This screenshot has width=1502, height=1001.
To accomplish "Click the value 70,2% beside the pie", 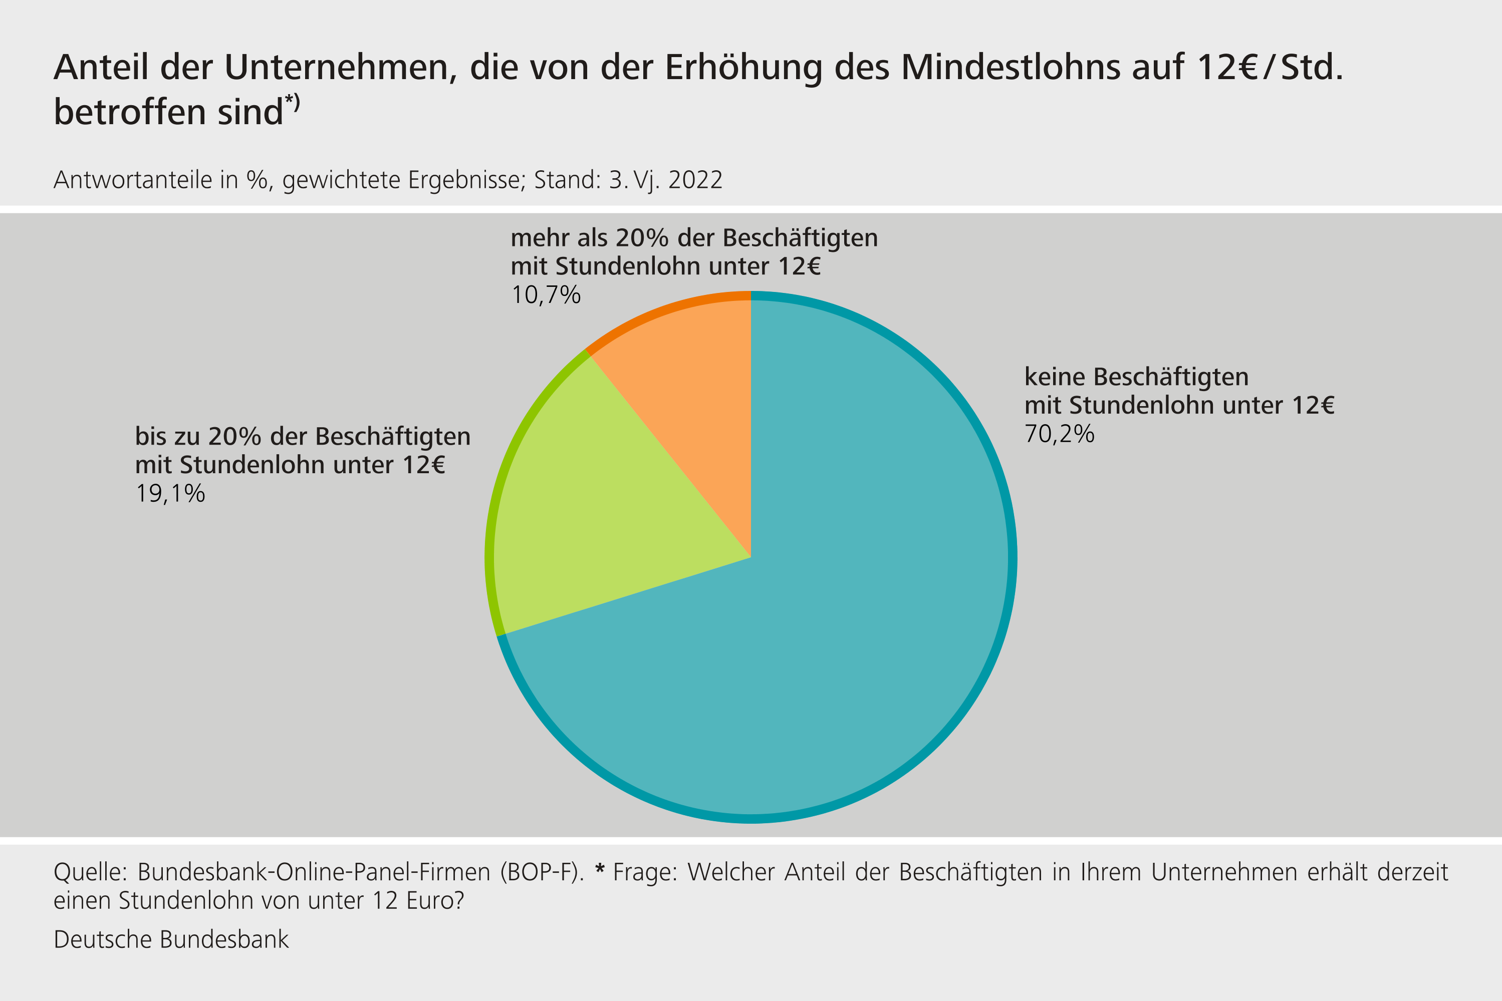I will click(x=1060, y=434).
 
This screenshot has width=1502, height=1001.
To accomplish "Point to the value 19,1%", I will click(x=170, y=493).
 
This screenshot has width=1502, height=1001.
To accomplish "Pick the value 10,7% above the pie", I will click(x=546, y=295).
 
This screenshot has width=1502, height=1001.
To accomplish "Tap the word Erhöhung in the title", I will click(x=743, y=67).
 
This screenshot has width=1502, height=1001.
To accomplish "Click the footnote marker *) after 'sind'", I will click(x=293, y=102).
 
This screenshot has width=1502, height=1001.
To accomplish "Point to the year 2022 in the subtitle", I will click(x=695, y=180).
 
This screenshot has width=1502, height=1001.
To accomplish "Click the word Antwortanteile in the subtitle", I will click(x=133, y=180).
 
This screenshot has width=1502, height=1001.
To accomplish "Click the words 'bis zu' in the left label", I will click(x=167, y=437).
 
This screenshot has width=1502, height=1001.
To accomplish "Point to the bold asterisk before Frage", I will click(x=599, y=869).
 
